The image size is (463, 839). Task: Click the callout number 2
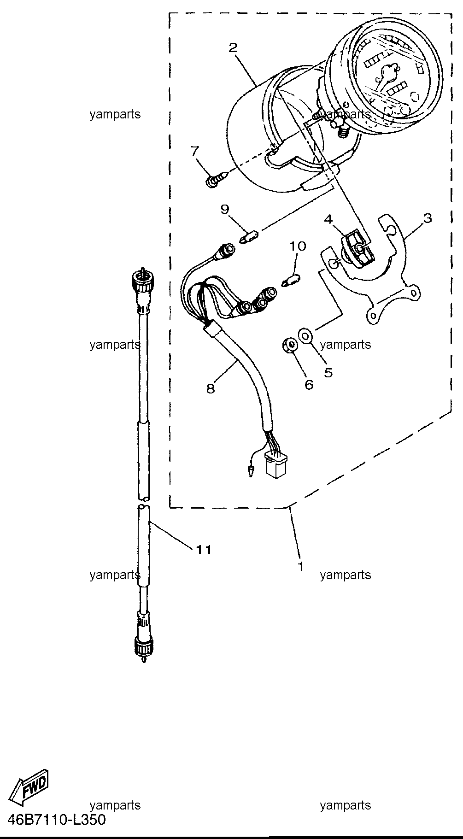(x=233, y=47)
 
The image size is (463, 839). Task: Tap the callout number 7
(x=195, y=151)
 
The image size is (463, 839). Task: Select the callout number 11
(x=204, y=550)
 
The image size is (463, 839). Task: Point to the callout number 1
(x=300, y=566)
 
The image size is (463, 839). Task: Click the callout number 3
(x=428, y=218)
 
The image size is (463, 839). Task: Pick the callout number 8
(x=211, y=389)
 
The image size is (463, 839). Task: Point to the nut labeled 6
(x=289, y=346)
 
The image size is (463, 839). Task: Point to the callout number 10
(x=297, y=246)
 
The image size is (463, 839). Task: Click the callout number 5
(x=328, y=372)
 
